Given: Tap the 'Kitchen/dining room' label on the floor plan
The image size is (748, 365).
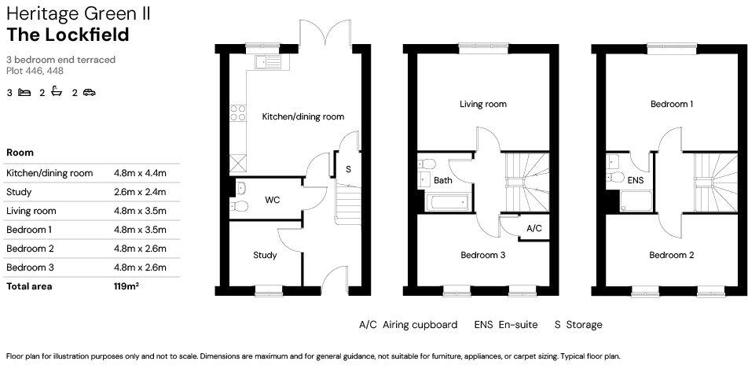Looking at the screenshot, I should click(x=302, y=116).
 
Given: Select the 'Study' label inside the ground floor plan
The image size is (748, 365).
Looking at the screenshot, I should click(x=265, y=255).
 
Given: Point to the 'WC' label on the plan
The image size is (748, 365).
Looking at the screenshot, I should click(x=272, y=200).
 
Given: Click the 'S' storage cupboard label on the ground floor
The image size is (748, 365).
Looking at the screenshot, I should click(x=347, y=169).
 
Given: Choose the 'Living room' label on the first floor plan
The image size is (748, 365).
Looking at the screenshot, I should click(x=482, y=104).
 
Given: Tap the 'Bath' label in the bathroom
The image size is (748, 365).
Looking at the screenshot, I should click(x=443, y=180).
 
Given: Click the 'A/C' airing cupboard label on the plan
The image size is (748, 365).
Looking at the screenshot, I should click(x=533, y=228).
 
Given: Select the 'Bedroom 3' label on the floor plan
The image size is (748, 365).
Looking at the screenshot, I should click(x=482, y=255).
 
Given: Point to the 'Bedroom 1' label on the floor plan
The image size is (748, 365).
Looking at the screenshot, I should click(x=671, y=104).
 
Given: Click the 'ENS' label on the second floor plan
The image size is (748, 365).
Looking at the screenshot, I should click(x=636, y=180).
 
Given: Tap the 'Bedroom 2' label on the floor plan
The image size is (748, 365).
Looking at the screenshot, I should click(x=671, y=255).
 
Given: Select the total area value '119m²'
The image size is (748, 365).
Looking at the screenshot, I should click(x=126, y=286).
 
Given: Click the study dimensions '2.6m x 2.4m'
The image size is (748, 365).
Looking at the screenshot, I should click(x=141, y=192).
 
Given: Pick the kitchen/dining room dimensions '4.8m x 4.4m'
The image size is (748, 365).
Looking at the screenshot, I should click(x=141, y=173).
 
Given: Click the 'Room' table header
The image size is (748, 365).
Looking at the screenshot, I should click(x=20, y=152).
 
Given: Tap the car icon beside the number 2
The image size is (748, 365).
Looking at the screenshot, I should click(x=89, y=93).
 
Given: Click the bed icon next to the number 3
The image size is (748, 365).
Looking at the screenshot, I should click(x=24, y=93).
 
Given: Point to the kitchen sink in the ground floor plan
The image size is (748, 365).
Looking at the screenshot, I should click(x=267, y=60).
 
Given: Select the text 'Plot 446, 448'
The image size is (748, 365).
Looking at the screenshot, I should click(x=35, y=71).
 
